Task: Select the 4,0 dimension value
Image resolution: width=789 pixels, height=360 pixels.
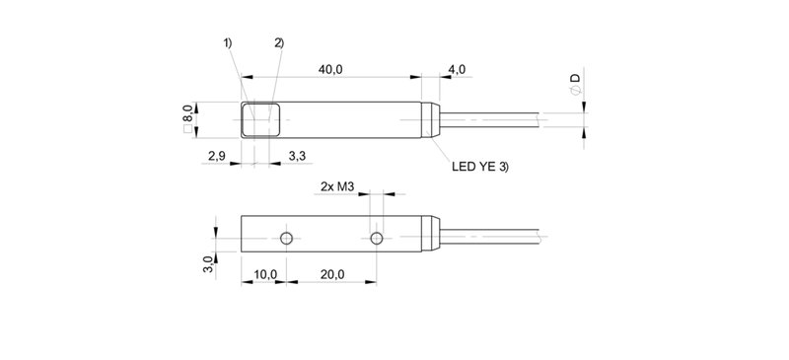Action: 457,69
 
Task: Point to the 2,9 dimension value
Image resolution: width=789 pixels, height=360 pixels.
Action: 219,156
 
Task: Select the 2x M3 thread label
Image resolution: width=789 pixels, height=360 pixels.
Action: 337,186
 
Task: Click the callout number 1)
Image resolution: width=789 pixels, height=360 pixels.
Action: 227,42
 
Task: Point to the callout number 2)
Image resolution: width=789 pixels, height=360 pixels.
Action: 279,42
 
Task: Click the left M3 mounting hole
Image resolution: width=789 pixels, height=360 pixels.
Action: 285,240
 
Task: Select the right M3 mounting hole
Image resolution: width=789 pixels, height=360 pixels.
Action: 376,240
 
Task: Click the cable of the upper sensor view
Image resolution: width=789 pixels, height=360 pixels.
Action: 503,121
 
